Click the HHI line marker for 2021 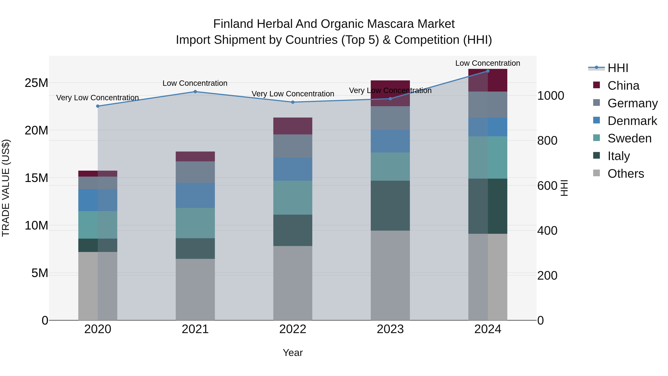(x=195, y=92)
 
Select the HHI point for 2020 (x=98, y=106)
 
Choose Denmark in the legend (x=632, y=121)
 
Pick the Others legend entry (x=626, y=174)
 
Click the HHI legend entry (x=618, y=68)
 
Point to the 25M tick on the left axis (x=36, y=83)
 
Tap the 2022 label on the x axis (x=293, y=329)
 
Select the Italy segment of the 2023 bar (x=390, y=206)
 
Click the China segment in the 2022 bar (x=293, y=126)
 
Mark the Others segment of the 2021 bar (x=195, y=289)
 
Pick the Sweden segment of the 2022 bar (x=293, y=198)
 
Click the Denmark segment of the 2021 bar (x=195, y=195)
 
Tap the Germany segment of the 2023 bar (x=390, y=118)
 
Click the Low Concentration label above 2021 (x=195, y=83)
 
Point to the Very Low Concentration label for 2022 (x=293, y=94)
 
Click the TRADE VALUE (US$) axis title (x=6, y=188)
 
